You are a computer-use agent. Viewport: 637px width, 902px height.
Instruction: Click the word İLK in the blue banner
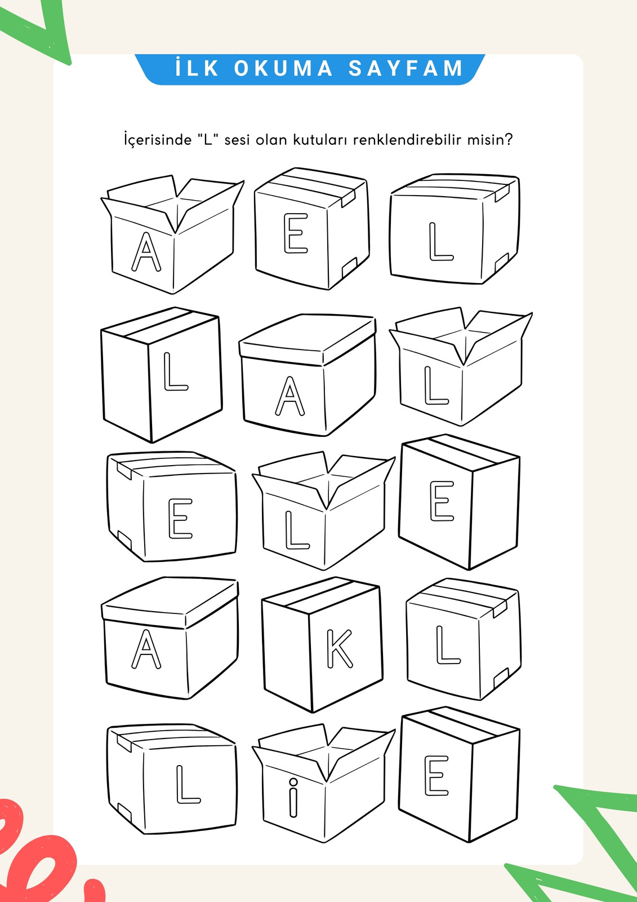click(x=197, y=68)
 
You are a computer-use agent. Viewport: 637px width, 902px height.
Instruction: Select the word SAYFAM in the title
click(x=406, y=68)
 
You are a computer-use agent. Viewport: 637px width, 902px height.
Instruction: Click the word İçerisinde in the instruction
click(x=158, y=140)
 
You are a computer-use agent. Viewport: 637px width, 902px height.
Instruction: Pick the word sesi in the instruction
click(x=237, y=140)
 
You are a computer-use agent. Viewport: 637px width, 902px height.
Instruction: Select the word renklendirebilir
click(x=407, y=140)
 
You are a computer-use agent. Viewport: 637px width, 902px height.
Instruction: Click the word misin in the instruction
click(x=485, y=140)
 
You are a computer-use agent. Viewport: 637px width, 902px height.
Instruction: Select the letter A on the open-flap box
click(x=146, y=251)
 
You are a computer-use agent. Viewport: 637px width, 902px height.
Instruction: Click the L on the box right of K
click(x=447, y=645)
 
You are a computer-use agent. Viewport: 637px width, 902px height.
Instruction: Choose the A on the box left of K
click(x=146, y=648)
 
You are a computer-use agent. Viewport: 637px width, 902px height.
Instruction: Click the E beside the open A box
click(x=296, y=233)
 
